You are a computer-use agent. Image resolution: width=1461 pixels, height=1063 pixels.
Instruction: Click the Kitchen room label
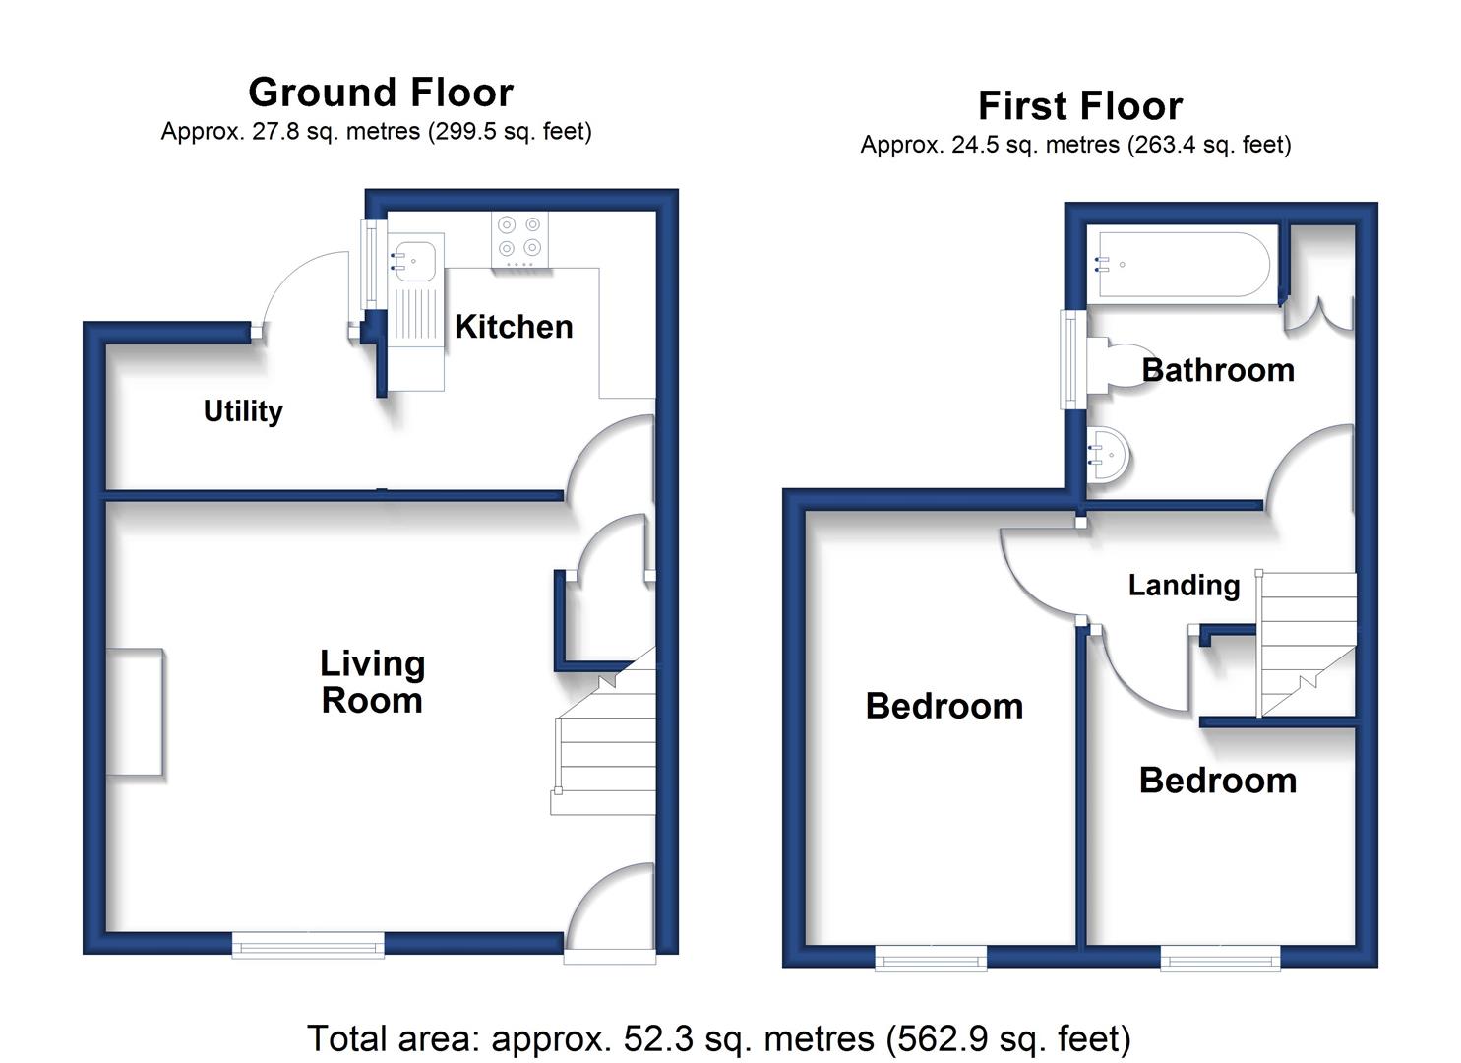click(514, 326)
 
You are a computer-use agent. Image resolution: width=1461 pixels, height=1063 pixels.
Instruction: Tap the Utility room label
click(243, 411)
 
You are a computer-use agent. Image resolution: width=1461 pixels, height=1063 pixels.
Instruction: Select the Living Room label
click(373, 681)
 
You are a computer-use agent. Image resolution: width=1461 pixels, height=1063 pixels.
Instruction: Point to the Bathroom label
click(1218, 370)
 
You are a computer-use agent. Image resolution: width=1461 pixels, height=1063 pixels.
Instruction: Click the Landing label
click(1184, 586)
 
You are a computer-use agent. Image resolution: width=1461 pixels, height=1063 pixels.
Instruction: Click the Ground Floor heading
click(381, 92)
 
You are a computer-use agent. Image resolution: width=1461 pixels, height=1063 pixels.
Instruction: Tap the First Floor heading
click(1080, 105)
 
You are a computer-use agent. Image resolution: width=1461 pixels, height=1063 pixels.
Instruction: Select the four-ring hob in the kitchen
click(519, 239)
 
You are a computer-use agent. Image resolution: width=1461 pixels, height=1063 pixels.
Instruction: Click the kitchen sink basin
click(413, 261)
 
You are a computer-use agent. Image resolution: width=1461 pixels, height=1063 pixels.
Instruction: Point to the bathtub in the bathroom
click(1185, 265)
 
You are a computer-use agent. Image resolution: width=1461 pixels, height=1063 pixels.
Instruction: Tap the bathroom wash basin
click(1108, 454)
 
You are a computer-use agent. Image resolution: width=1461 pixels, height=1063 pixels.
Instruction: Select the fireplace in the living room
click(135, 712)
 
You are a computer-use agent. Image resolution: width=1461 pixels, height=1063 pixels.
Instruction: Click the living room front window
click(309, 944)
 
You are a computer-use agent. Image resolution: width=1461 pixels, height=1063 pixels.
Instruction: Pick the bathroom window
click(1073, 359)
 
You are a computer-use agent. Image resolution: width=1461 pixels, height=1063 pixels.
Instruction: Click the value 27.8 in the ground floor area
click(275, 131)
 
